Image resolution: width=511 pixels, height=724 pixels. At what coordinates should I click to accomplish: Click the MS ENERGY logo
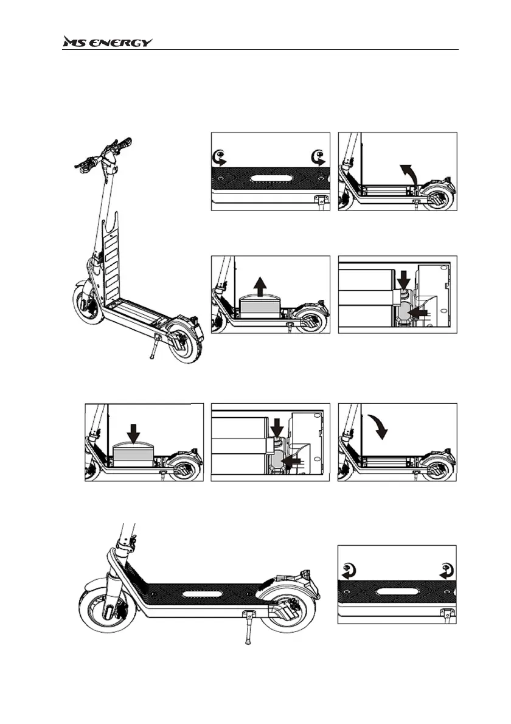(x=108, y=42)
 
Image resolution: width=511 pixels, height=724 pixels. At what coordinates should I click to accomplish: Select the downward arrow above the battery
(x=134, y=430)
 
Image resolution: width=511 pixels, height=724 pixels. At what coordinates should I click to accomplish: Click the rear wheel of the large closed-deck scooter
(x=285, y=614)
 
